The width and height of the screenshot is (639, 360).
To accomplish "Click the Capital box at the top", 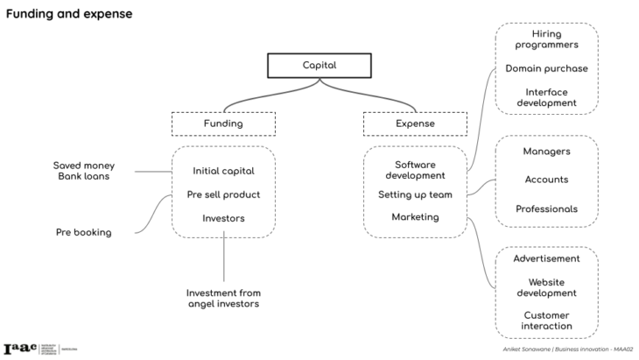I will pos(319,66).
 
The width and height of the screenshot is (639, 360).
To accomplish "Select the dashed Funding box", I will pos(223,124).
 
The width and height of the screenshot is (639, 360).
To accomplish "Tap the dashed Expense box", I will pos(415,124).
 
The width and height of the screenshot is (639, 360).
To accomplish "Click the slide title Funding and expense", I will pos(69,15).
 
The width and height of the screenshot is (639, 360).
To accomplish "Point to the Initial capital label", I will pos(223,171).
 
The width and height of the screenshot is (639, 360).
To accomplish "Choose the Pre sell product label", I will pos(223,194).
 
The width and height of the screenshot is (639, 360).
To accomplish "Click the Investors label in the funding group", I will pos(223,217).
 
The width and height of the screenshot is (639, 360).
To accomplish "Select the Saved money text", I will pos(83,166).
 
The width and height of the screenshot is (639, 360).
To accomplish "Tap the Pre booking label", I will pos(83,232).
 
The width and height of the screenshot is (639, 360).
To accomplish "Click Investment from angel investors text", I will pos(223,298).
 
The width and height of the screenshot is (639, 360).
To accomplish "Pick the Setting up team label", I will pos(415,194).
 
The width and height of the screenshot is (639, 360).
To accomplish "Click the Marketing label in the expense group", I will pos(415,216).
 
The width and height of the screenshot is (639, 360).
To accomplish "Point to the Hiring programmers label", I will pos(546,40).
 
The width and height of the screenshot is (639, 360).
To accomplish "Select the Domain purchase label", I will pos(546,68).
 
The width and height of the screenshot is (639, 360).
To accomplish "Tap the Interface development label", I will pos(546,97).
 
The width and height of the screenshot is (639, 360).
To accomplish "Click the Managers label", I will pos(546,152).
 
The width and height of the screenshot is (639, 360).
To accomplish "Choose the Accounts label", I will pos(546,180).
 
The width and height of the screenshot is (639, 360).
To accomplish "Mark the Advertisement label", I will pos(546,258).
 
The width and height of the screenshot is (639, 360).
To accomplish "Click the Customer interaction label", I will pos(546,321).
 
